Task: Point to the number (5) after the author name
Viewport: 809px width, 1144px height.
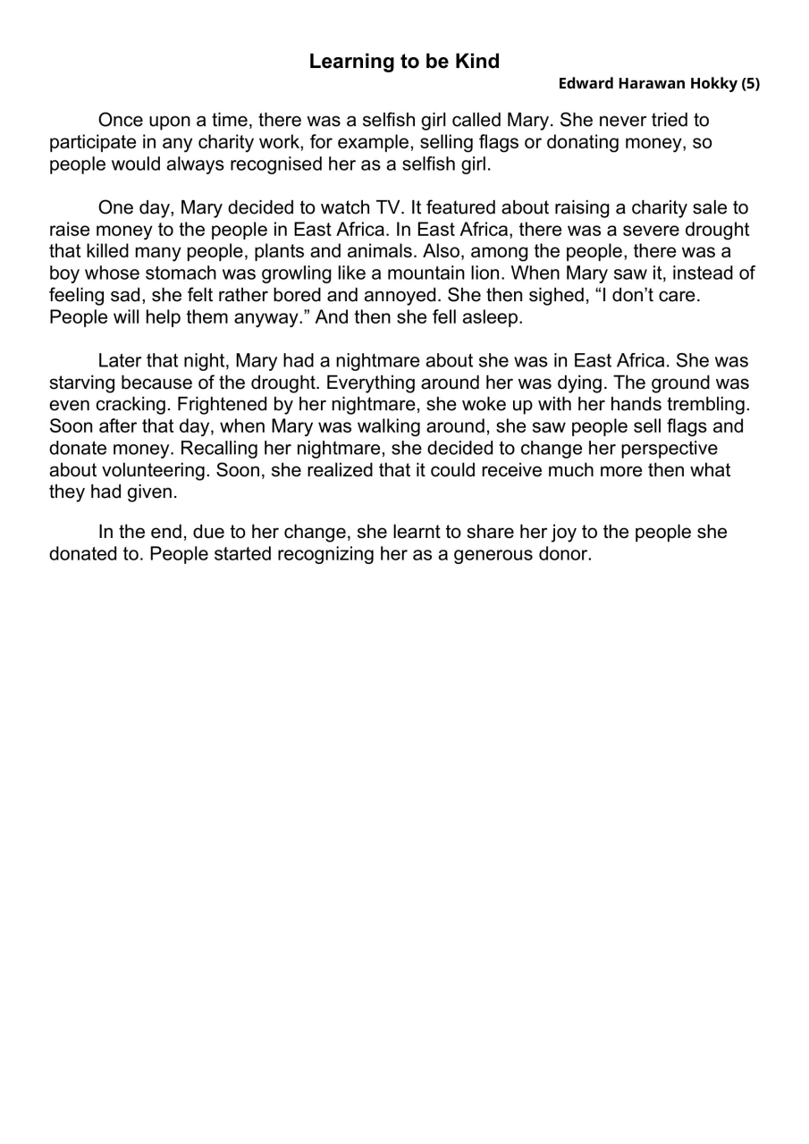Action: tap(749, 84)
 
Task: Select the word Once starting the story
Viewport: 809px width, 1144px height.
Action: tap(121, 120)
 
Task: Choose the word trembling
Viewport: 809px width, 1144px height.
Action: tap(708, 406)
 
